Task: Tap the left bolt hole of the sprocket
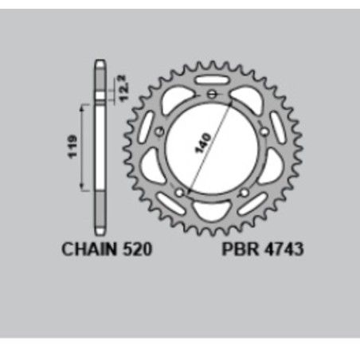160,131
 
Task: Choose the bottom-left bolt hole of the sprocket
180,191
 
